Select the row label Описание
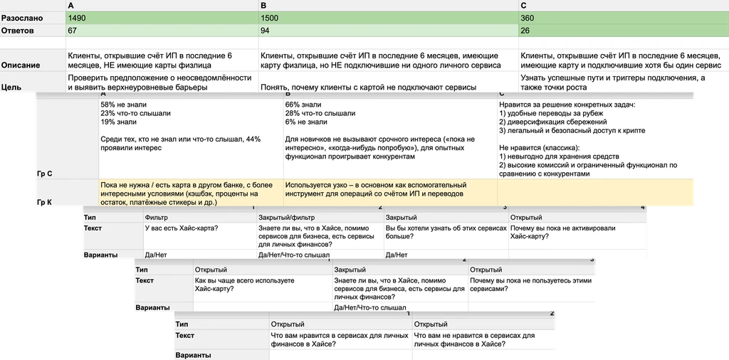(x=21, y=65)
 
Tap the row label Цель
(x=11, y=87)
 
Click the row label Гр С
(x=44, y=173)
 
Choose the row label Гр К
(x=44, y=202)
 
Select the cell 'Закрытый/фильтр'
(x=285, y=217)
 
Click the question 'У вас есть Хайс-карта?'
(x=182, y=228)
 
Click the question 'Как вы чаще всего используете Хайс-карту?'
(x=244, y=285)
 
